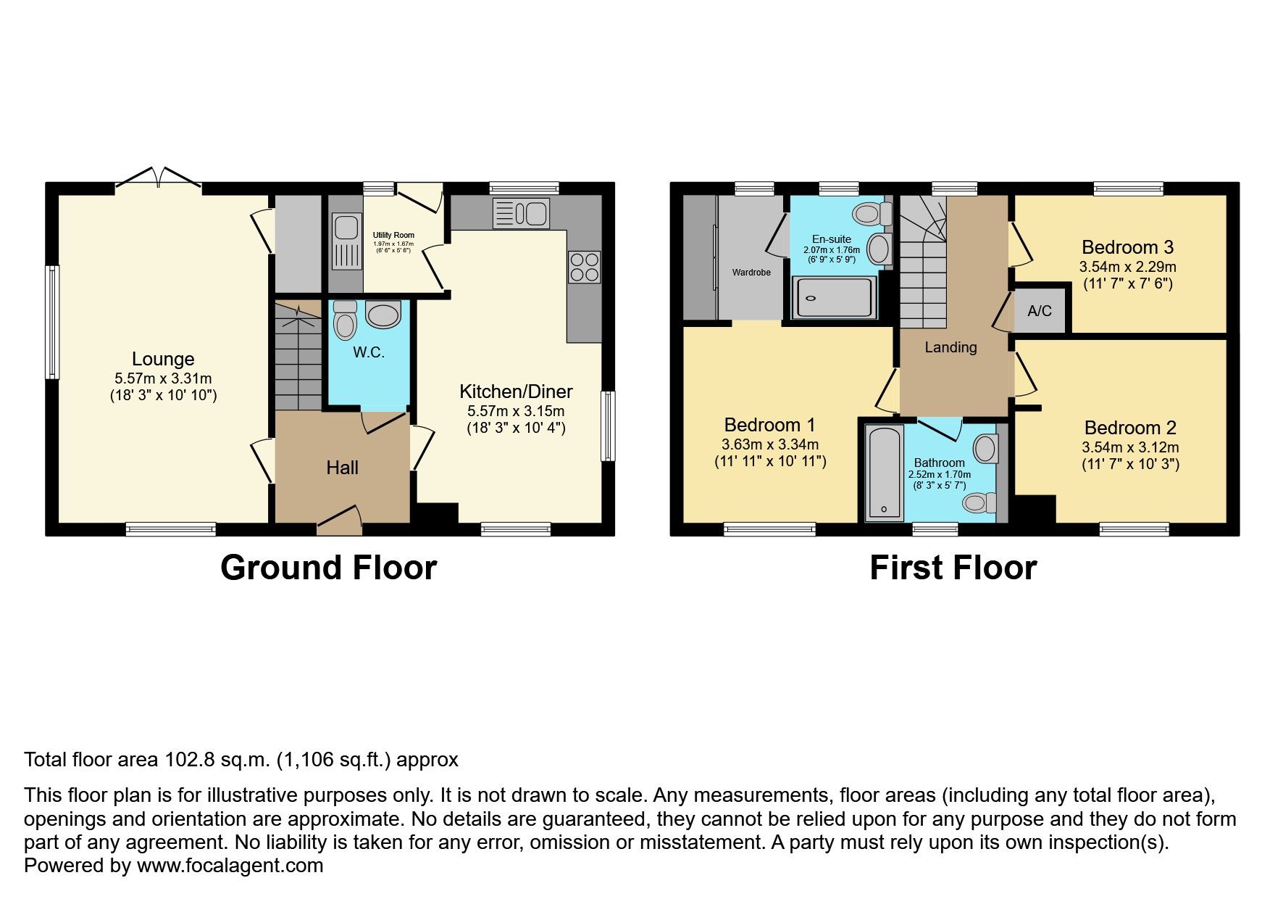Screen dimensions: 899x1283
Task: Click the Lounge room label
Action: click(x=163, y=359)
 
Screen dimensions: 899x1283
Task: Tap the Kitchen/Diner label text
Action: click(x=516, y=391)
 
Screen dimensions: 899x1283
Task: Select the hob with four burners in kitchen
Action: click(x=584, y=267)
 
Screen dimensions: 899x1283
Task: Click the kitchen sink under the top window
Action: click(x=521, y=213)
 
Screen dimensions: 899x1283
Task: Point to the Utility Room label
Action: click(x=393, y=235)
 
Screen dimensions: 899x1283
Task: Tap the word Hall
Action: click(x=342, y=468)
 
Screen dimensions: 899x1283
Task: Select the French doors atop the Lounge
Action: click(x=158, y=178)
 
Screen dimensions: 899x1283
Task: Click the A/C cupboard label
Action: click(x=1039, y=311)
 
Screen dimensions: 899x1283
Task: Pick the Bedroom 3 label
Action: click(x=1127, y=247)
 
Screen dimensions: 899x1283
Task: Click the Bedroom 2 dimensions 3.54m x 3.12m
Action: click(x=1130, y=447)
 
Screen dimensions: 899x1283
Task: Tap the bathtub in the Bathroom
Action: click(x=885, y=472)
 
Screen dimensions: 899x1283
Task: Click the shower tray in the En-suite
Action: click(x=834, y=298)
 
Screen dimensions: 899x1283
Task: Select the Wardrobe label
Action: click(x=751, y=273)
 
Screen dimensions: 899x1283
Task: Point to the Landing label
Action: click(x=950, y=347)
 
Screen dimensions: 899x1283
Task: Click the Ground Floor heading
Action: click(x=328, y=568)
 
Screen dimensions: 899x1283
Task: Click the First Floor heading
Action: click(x=953, y=568)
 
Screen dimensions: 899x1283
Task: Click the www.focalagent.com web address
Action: click(x=230, y=866)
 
